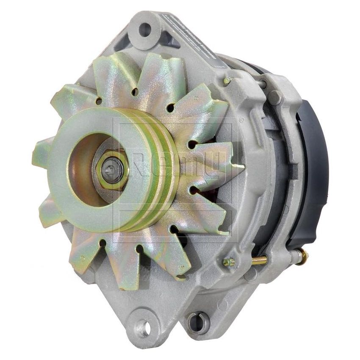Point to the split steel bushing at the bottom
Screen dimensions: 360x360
[x=198, y=323]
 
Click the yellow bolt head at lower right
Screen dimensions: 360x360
[x=229, y=262]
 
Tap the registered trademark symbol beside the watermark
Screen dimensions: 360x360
[x=242, y=120]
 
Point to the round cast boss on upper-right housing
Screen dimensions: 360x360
[x=275, y=97]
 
